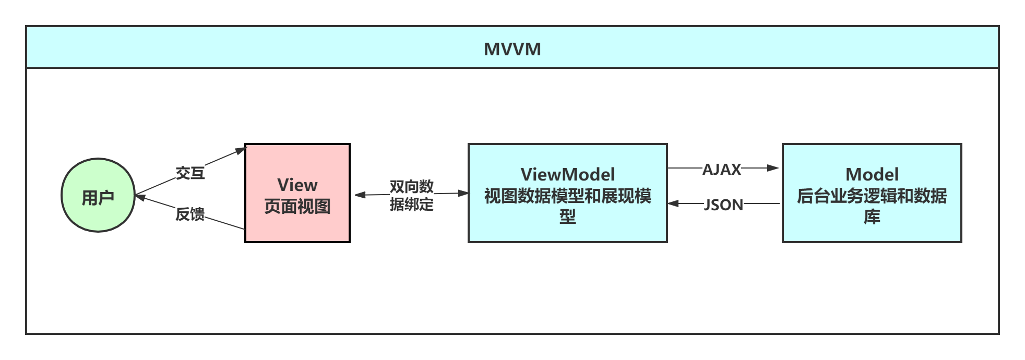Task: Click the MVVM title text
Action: click(512, 49)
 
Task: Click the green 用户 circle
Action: click(98, 196)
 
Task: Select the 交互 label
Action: click(190, 173)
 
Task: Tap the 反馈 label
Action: click(190, 214)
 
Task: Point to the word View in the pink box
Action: click(297, 185)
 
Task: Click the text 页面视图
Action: click(297, 207)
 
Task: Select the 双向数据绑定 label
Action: click(411, 195)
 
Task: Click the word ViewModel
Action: click(567, 174)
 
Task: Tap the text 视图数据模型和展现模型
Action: click(567, 197)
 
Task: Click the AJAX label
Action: click(721, 169)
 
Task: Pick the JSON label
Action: click(723, 204)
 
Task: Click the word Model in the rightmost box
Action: click(872, 174)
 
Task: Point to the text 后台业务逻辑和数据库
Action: click(872, 197)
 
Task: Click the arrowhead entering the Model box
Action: click(774, 168)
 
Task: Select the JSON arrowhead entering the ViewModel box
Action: click(674, 203)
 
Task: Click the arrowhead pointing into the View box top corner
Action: click(240, 150)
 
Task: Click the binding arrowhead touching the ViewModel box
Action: click(463, 193)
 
